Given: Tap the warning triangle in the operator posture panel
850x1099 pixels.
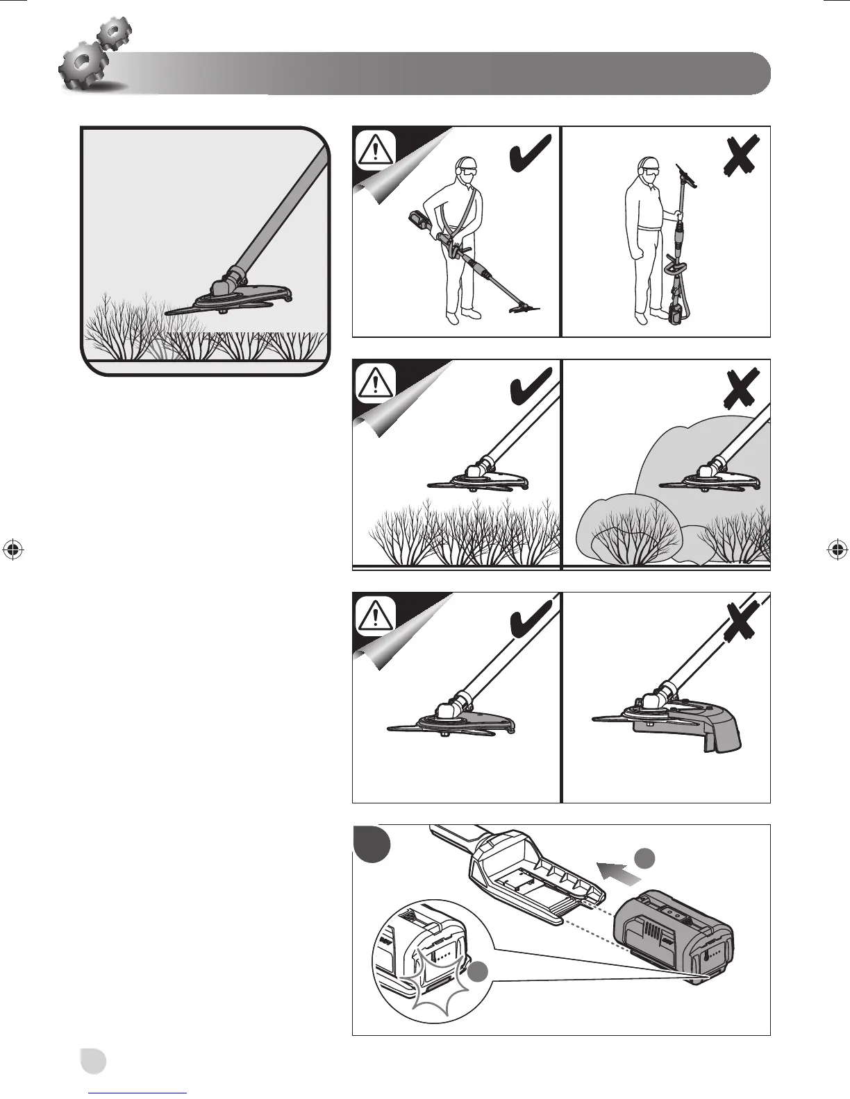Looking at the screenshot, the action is [x=375, y=149].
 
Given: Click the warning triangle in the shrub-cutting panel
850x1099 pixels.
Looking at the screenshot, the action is [x=375, y=382].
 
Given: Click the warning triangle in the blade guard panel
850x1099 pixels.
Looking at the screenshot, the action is [x=375, y=615].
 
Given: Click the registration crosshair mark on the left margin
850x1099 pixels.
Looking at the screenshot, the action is [x=12, y=549].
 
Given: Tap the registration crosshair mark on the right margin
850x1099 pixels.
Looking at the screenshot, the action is [x=837, y=549].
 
